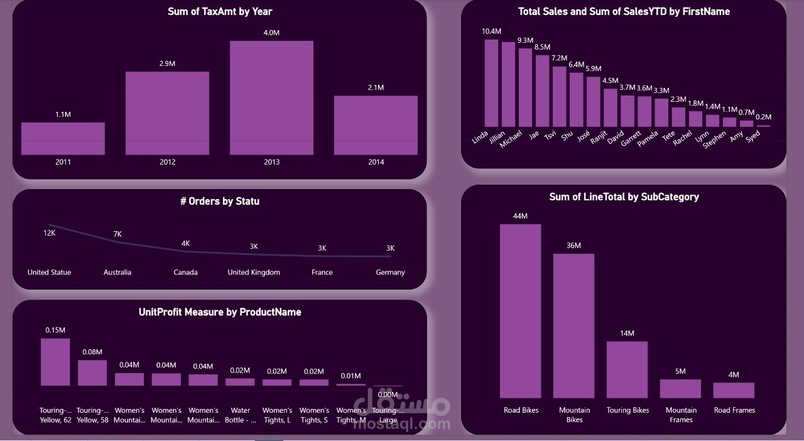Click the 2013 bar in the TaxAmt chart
pyautogui.click(x=271, y=97)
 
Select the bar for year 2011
pyautogui.click(x=63, y=138)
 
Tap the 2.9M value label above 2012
pyautogui.click(x=167, y=64)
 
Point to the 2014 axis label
pyautogui.click(x=376, y=162)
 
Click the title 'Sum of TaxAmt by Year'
pyautogui.click(x=220, y=11)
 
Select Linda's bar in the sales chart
pyautogui.click(x=491, y=83)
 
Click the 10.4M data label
pyautogui.click(x=492, y=31)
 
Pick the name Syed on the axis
pyautogui.click(x=753, y=136)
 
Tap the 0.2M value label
pyautogui.click(x=763, y=117)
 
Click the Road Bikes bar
pyautogui.click(x=520, y=310)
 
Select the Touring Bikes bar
pyautogui.click(x=627, y=369)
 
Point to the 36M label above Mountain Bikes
pyautogui.click(x=573, y=246)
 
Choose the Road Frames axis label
pyautogui.click(x=734, y=410)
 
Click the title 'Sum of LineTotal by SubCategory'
pyautogui.click(x=624, y=197)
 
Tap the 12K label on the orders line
pyautogui.click(x=50, y=233)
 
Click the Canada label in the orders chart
pyautogui.click(x=185, y=273)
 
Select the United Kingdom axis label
pyautogui.click(x=254, y=273)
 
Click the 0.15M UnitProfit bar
pyautogui.click(x=55, y=362)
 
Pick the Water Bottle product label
pyautogui.click(x=241, y=415)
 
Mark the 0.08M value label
pyautogui.click(x=92, y=352)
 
